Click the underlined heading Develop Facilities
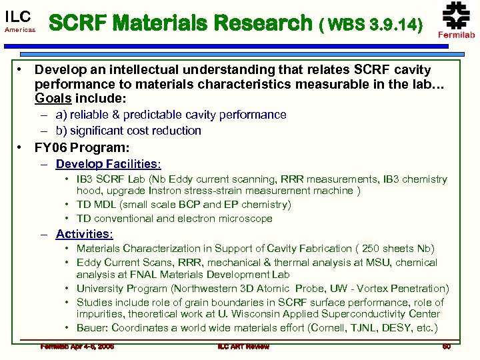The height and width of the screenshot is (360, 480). (108, 163)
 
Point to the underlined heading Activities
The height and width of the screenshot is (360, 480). (84, 233)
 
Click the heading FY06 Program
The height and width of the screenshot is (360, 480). (82, 147)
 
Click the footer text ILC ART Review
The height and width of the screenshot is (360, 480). (243, 346)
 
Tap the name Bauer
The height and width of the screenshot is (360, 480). (91, 327)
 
